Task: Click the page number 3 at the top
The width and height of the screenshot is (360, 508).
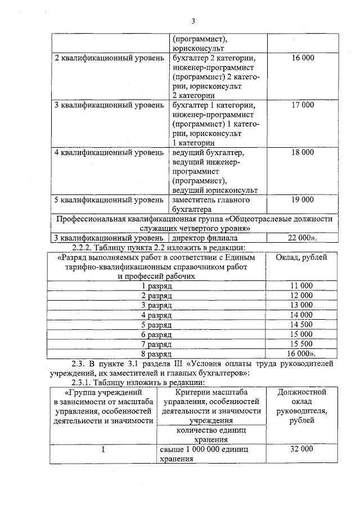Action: point(193,21)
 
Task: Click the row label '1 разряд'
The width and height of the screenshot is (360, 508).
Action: point(156,285)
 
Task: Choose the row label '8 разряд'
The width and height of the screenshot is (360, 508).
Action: point(156,354)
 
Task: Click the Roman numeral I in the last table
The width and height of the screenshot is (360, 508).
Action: point(103,450)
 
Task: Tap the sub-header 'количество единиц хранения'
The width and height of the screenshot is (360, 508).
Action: point(211,435)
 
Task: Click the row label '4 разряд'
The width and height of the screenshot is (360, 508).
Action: point(156,315)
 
